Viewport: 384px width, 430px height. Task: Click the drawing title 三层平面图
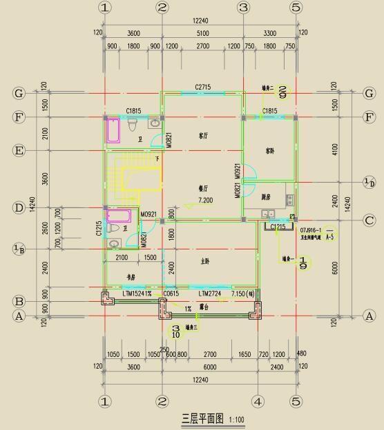click(x=202, y=418)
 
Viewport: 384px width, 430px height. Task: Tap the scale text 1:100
click(x=236, y=419)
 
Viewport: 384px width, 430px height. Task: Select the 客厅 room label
click(x=203, y=136)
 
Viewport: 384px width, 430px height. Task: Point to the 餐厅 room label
click(x=204, y=189)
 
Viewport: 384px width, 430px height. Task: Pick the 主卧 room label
click(x=204, y=261)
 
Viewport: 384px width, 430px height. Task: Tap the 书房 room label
click(x=131, y=277)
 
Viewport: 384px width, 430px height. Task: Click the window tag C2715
click(x=202, y=87)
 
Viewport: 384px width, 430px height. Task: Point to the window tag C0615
click(x=171, y=294)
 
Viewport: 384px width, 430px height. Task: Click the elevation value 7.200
click(x=206, y=200)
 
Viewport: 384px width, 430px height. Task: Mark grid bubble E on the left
click(x=19, y=150)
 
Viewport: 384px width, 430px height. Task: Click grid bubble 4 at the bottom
click(x=258, y=401)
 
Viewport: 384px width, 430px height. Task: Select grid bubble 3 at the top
click(x=242, y=8)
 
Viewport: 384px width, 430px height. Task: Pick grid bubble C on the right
click(x=369, y=221)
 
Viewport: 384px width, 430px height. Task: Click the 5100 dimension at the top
click(x=202, y=33)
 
